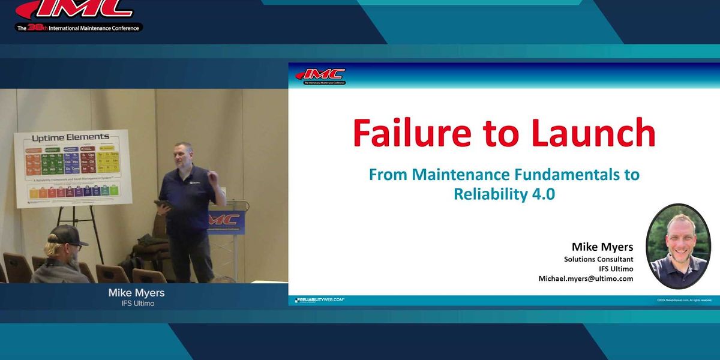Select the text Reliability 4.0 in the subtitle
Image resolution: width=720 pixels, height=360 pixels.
[x=504, y=194]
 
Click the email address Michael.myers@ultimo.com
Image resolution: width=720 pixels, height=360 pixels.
[x=586, y=278]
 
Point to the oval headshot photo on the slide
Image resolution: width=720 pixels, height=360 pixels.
[x=678, y=246]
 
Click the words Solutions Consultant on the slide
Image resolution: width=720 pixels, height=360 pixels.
[x=598, y=259]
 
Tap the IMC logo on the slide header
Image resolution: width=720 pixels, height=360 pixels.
[x=321, y=76]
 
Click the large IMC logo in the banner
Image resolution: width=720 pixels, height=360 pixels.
[x=75, y=10]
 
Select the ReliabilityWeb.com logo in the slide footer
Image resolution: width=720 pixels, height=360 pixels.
[x=319, y=299]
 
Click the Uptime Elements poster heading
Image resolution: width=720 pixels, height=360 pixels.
[x=71, y=137]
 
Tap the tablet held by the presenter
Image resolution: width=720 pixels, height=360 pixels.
[x=163, y=204]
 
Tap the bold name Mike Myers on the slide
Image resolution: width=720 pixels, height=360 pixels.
[x=602, y=247]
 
